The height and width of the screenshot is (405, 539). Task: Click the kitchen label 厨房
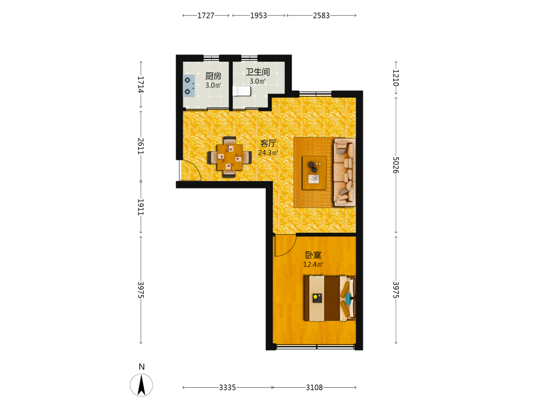pos(213,76)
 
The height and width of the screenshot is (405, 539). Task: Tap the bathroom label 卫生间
pos(258,72)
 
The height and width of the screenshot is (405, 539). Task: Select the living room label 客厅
pos(268,143)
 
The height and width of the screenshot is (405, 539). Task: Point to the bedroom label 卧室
pos(313,255)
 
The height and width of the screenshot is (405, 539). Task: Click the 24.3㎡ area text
pos(268,153)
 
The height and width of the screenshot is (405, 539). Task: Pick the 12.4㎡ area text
pos(313,265)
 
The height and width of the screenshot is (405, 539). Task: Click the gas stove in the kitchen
pos(189,86)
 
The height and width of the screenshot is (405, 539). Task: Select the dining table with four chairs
pos(230,157)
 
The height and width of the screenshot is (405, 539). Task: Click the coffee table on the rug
pos(314,173)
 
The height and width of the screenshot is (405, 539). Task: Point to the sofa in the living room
pos(344,172)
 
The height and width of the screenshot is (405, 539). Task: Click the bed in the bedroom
pos(329,298)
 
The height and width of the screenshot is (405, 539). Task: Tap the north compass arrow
pos(141,384)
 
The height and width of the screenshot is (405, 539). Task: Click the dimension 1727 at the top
pos(206,16)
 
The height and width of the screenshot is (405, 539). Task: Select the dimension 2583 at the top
pos(321,16)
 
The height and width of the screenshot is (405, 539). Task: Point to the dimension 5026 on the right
pos(396,165)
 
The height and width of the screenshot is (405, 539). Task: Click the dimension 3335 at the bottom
pos(227,387)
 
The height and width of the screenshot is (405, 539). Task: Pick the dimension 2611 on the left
pos(141,146)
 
